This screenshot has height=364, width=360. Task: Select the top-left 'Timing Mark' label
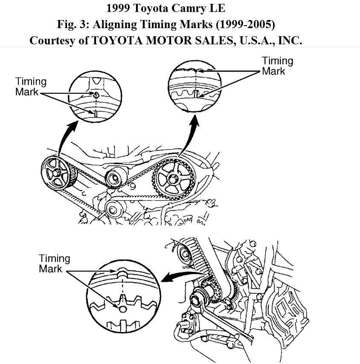[31, 87]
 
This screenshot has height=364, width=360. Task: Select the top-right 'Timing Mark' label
[277, 66]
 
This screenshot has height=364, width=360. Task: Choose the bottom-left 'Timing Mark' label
[54, 263]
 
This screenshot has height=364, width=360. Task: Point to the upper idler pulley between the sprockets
[116, 177]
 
